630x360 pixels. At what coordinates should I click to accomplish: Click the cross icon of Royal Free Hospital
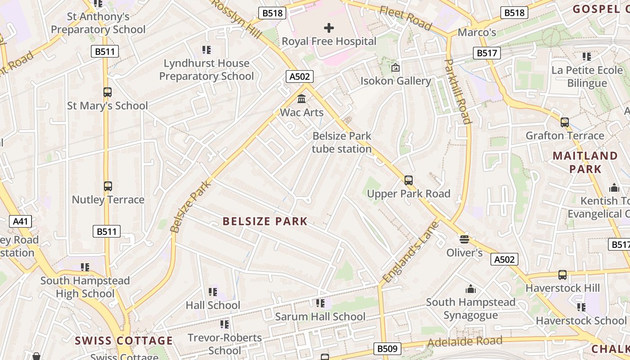(329, 28)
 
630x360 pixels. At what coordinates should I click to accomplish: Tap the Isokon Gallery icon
(396, 68)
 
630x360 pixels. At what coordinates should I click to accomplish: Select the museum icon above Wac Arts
(301, 99)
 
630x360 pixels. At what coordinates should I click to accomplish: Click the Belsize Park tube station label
(342, 142)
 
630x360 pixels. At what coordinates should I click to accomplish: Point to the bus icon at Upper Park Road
(409, 180)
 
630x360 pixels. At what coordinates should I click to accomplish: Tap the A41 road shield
(20, 221)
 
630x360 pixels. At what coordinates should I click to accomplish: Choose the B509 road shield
(387, 348)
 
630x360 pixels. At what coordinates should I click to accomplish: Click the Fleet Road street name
(405, 18)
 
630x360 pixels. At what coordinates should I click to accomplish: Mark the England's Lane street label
(410, 251)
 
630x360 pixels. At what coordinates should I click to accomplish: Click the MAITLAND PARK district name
(585, 162)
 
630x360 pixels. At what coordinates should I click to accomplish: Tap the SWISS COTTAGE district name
(124, 341)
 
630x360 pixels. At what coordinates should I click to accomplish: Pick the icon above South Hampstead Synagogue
(471, 289)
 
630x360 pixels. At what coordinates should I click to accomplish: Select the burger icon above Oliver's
(464, 239)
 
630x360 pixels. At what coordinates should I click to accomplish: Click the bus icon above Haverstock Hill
(562, 274)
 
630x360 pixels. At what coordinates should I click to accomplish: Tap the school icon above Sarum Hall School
(320, 303)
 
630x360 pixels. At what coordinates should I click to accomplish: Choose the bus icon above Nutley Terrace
(108, 186)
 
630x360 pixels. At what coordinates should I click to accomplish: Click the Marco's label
(477, 32)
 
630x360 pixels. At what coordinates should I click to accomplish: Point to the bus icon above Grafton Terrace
(564, 122)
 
